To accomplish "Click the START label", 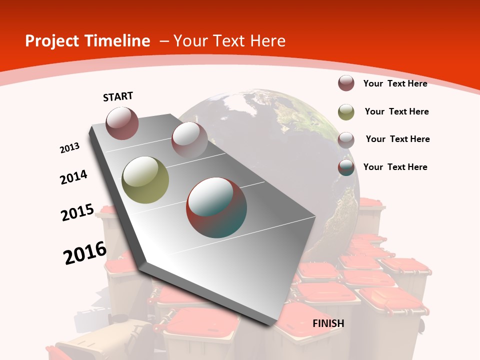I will (x=118, y=96).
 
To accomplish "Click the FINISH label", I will (x=328, y=323).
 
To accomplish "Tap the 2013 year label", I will (x=69, y=148).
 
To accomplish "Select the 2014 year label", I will (x=73, y=177).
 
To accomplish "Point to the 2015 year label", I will (x=77, y=212).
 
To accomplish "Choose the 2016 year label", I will (x=84, y=253).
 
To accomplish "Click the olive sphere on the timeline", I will (x=145, y=180).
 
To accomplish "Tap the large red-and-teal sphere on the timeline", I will (x=216, y=207).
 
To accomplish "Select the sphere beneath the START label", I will (x=122, y=123).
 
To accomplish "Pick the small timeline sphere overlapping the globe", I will (x=189, y=139).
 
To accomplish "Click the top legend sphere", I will (x=346, y=83).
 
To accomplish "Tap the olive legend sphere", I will (x=346, y=112).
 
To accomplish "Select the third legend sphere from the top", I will (x=346, y=140).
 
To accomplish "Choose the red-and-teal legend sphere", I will (x=346, y=167).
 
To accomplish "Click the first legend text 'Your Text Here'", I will (x=395, y=83).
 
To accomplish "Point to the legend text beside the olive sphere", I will (x=396, y=111).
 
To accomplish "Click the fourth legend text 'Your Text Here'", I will (x=395, y=167).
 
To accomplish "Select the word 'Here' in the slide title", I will (x=268, y=41).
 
